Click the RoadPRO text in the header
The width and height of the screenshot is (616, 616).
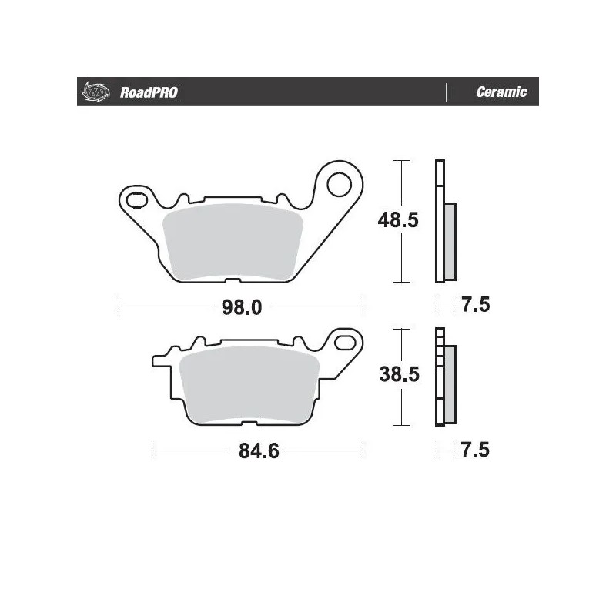149,92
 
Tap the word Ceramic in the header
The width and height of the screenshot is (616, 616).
501,92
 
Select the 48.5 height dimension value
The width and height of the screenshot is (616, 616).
397,221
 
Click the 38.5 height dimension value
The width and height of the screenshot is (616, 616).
397,375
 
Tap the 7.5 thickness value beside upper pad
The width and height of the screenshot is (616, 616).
475,306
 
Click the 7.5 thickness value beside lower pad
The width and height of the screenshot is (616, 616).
475,449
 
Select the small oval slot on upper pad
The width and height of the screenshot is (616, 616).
136,200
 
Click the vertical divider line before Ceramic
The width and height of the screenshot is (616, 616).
447,92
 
